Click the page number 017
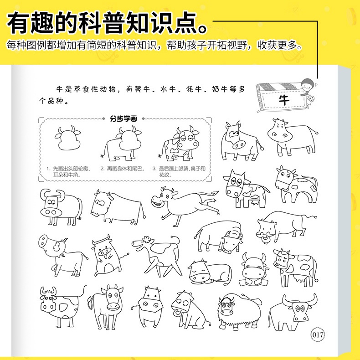coord(318,334)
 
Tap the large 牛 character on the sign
coord(284,100)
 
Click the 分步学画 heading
coord(123,118)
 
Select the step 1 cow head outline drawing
coord(68,138)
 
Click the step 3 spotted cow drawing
coord(179,143)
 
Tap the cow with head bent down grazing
coord(219,237)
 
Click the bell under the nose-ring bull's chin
coord(267,239)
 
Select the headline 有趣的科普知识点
coord(107,23)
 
